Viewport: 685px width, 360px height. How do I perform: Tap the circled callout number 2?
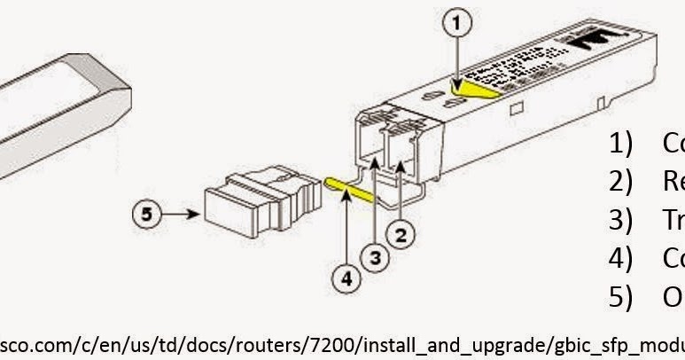tap(401, 234)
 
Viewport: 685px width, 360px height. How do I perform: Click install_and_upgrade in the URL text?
tap(416, 343)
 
